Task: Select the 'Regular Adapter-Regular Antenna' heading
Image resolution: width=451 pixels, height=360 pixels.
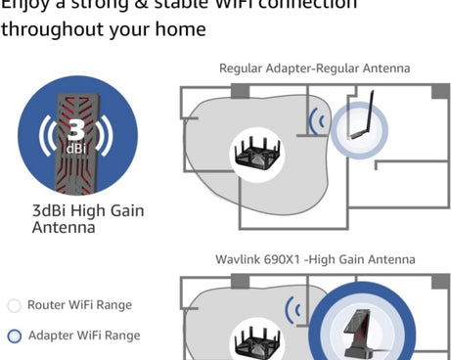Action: pos(314,68)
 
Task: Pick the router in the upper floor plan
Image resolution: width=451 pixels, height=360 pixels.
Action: pos(256,152)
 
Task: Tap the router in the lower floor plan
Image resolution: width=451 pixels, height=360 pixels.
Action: pos(257,338)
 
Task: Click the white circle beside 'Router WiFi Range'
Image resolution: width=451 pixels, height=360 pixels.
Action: pos(14,305)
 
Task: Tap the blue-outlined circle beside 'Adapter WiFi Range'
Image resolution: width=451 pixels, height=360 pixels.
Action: pos(14,337)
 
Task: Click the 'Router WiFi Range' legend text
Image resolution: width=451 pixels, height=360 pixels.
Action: pos(79,305)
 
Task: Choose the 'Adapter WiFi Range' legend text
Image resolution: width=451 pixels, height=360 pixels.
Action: pos(83,336)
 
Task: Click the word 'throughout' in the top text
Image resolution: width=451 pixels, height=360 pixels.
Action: pos(42,29)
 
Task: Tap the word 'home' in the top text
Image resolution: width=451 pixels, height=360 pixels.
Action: pos(183,29)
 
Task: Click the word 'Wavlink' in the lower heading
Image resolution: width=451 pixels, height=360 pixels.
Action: pos(237,260)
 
